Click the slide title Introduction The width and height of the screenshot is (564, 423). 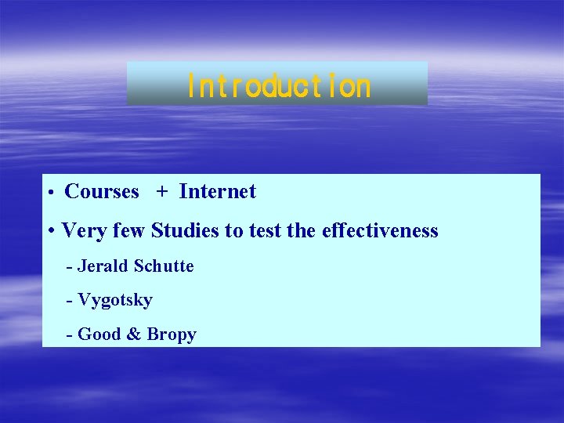tap(278, 85)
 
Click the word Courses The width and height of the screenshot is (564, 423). tap(102, 192)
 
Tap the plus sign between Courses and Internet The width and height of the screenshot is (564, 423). tap(161, 193)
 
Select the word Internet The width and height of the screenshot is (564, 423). tap(217, 192)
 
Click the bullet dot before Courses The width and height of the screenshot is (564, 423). tap(49, 193)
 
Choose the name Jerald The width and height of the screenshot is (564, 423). tap(103, 266)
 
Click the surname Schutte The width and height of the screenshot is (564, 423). tap(164, 266)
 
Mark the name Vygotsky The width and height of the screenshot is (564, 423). tap(115, 301)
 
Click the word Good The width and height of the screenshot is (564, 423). tap(99, 334)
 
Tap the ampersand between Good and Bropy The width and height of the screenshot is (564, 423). tap(134, 334)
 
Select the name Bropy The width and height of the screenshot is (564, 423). tap(172, 335)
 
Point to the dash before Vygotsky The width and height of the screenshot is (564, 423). tap(70, 301)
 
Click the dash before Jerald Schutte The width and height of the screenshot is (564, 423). tap(70, 267)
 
